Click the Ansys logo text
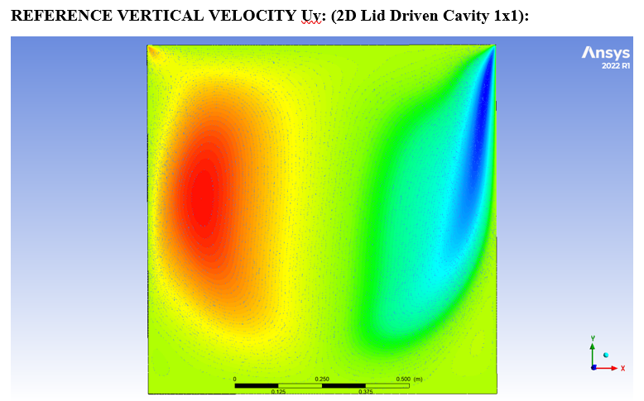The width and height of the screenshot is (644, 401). click(x=606, y=53)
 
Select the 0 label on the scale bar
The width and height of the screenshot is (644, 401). click(x=235, y=379)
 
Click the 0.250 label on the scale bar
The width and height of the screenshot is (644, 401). click(x=322, y=379)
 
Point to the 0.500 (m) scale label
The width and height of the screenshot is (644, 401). click(x=409, y=379)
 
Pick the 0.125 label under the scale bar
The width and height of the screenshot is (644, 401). click(x=278, y=391)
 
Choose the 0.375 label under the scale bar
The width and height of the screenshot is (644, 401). click(x=365, y=391)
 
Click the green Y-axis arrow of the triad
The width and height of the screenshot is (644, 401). click(x=593, y=353)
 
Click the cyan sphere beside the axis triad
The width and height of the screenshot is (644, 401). click(x=605, y=355)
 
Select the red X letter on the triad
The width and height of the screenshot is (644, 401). click(x=622, y=367)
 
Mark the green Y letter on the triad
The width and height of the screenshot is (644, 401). click(x=593, y=338)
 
